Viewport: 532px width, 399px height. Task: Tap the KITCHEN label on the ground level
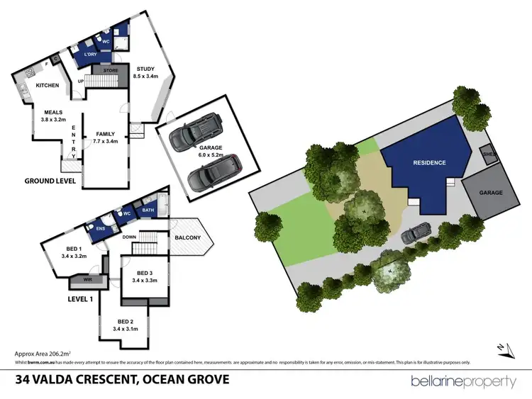(47, 85)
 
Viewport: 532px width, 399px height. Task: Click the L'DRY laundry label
(89, 55)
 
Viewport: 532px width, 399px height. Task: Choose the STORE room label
(110, 70)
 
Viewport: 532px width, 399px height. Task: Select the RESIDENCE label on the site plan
(430, 163)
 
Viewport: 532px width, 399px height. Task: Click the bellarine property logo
(464, 381)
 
